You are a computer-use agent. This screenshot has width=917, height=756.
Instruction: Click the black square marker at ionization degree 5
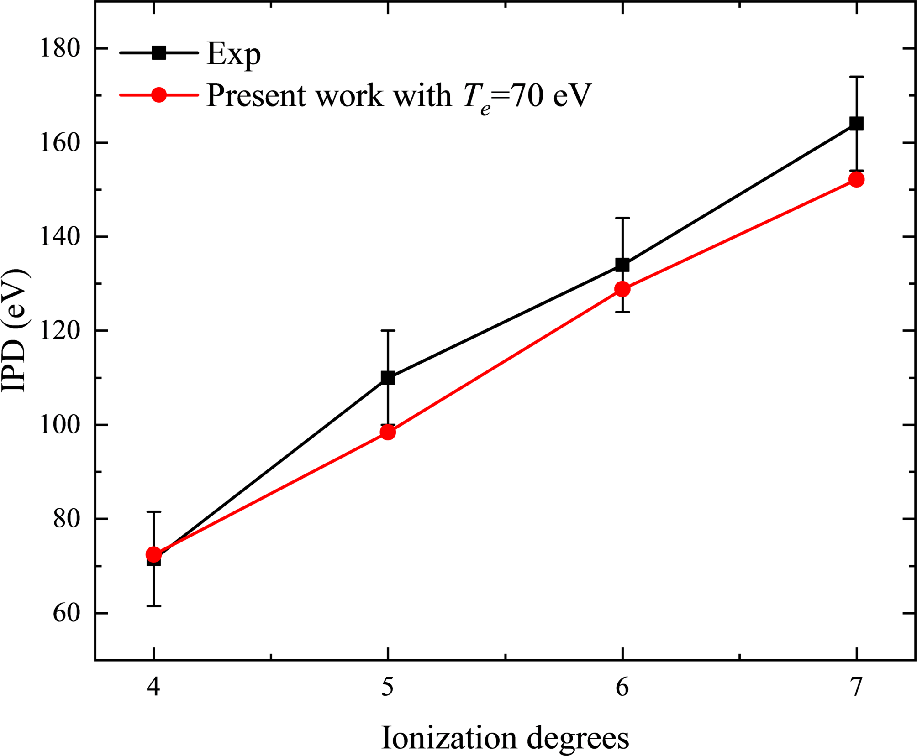click(388, 378)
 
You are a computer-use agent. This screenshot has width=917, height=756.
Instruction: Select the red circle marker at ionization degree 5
click(388, 432)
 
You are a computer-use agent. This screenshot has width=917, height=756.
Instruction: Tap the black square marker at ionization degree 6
click(622, 265)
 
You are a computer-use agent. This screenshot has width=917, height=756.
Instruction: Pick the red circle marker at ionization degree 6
click(622, 289)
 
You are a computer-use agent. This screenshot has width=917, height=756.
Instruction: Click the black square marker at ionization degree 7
click(856, 124)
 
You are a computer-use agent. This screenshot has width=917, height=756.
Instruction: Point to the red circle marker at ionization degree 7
click(856, 179)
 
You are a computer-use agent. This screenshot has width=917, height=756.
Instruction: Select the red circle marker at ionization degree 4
click(153, 554)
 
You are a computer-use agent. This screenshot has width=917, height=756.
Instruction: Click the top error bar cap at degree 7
click(856, 77)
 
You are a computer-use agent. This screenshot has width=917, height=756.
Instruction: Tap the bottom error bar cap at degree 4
click(153, 606)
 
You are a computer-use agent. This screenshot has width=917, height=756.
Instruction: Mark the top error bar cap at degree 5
click(388, 330)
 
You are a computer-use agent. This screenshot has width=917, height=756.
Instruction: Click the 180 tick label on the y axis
click(60, 48)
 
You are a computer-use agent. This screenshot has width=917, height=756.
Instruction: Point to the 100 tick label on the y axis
click(60, 425)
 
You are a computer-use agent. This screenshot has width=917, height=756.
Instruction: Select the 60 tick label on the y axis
click(67, 613)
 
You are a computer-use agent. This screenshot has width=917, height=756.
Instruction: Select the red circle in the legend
click(158, 95)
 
